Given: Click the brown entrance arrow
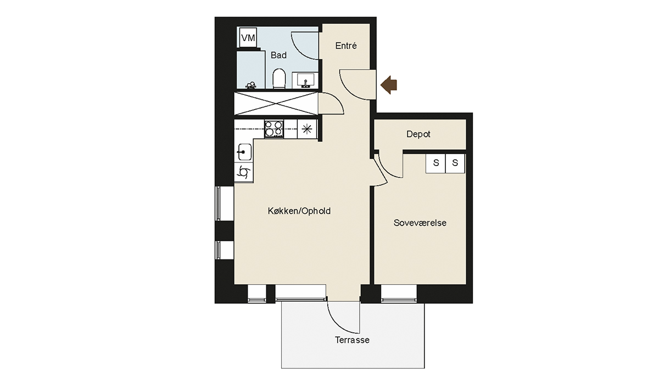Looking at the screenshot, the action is click(389, 85).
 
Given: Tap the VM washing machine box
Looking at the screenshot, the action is click(248, 38).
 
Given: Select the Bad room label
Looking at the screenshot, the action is click(278, 55).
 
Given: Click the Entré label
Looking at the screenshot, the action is click(346, 46).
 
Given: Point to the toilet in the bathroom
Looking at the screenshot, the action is click(279, 78).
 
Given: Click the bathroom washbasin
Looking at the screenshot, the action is click(305, 80).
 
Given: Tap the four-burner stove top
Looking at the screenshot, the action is click(274, 129).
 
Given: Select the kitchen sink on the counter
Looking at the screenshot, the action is click(244, 152).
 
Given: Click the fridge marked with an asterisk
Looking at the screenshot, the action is click(307, 129).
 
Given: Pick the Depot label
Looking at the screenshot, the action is click(418, 134).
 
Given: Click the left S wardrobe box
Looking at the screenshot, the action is click(435, 163).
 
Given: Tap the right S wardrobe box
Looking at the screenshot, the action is click(455, 163).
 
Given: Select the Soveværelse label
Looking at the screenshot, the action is click(420, 223).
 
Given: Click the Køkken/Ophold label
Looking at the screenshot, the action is click(299, 211).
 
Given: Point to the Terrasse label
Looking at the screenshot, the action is click(352, 340).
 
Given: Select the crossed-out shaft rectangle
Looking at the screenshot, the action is click(276, 104).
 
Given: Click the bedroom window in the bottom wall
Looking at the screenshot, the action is click(399, 293).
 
